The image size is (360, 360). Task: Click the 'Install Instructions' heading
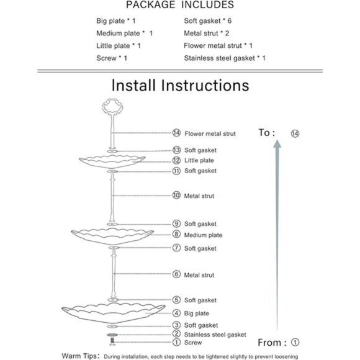[179, 84]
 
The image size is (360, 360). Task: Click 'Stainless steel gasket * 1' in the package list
[225, 58]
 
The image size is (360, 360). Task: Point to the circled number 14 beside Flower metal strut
[177, 133]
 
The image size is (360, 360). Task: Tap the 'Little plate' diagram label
[199, 160]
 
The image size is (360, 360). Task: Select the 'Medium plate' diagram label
[203, 235]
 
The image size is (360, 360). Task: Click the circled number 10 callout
[177, 196]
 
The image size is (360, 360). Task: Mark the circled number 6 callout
[177, 274]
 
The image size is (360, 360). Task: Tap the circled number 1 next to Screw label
[177, 342]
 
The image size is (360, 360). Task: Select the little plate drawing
[112, 160]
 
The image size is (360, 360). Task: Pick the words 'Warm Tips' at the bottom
[80, 356]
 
